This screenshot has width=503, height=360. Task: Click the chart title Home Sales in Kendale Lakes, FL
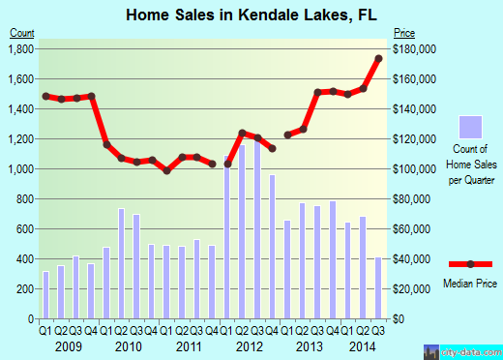pyautogui.click(x=251, y=15)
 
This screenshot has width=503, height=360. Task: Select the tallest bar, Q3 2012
pyautogui.click(x=257, y=232)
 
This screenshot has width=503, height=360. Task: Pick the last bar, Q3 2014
pyautogui.click(x=378, y=287)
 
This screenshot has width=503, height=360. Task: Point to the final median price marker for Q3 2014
pyautogui.click(x=378, y=58)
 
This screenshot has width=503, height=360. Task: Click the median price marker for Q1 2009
pyautogui.click(x=45, y=96)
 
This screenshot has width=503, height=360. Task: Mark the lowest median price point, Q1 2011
pyautogui.click(x=167, y=170)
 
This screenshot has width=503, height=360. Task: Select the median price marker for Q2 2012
pyautogui.click(x=243, y=133)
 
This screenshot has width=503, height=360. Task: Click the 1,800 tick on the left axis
pyautogui.click(x=21, y=48)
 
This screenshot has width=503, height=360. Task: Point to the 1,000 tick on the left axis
pyautogui.click(x=21, y=168)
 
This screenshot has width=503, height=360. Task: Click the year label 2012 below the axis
pyautogui.click(x=250, y=345)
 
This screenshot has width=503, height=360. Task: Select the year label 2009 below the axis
pyautogui.click(x=68, y=345)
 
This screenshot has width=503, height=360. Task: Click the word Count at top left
pyautogui.click(x=22, y=32)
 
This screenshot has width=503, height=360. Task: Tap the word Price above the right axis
pyautogui.click(x=403, y=32)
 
